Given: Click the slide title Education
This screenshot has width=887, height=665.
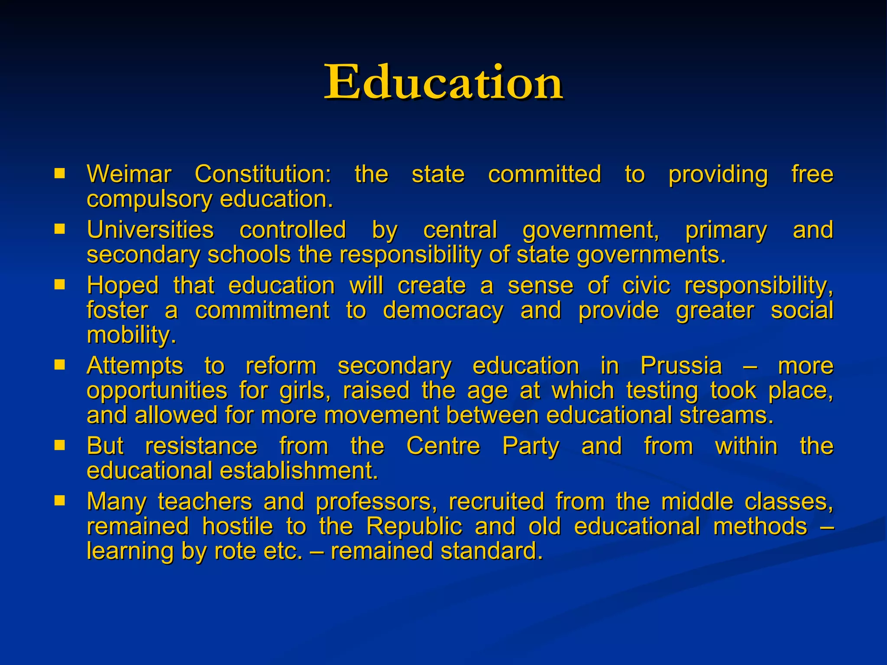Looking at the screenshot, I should point(443,82).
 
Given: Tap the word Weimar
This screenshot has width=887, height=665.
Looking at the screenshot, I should point(129,174).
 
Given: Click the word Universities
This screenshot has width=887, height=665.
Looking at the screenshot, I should point(150,230).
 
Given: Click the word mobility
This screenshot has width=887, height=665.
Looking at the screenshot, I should point(131,336).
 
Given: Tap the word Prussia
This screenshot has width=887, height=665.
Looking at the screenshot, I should point(681,366).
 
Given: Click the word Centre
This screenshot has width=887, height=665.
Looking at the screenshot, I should point(443,446).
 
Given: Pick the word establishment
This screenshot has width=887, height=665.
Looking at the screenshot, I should point(299,471).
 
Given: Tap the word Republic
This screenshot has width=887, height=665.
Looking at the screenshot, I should point(414,527).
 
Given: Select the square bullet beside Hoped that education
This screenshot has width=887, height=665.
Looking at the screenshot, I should point(59,284).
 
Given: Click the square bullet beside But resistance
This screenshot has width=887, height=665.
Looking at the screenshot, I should point(59,445).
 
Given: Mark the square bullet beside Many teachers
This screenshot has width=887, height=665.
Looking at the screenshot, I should point(59,500).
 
